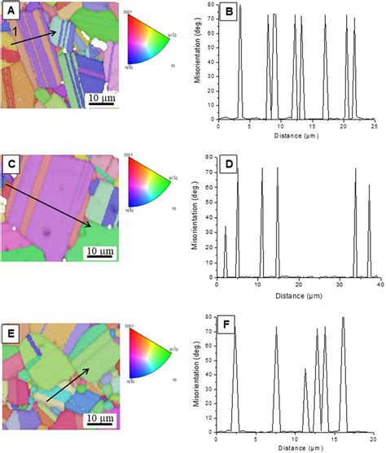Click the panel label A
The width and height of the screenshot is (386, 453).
pos(12,12)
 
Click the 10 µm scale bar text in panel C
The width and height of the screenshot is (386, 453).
pos(100,258)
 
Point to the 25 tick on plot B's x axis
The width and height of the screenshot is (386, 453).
pos(372,125)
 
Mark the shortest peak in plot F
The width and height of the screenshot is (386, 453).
pos(305,371)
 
